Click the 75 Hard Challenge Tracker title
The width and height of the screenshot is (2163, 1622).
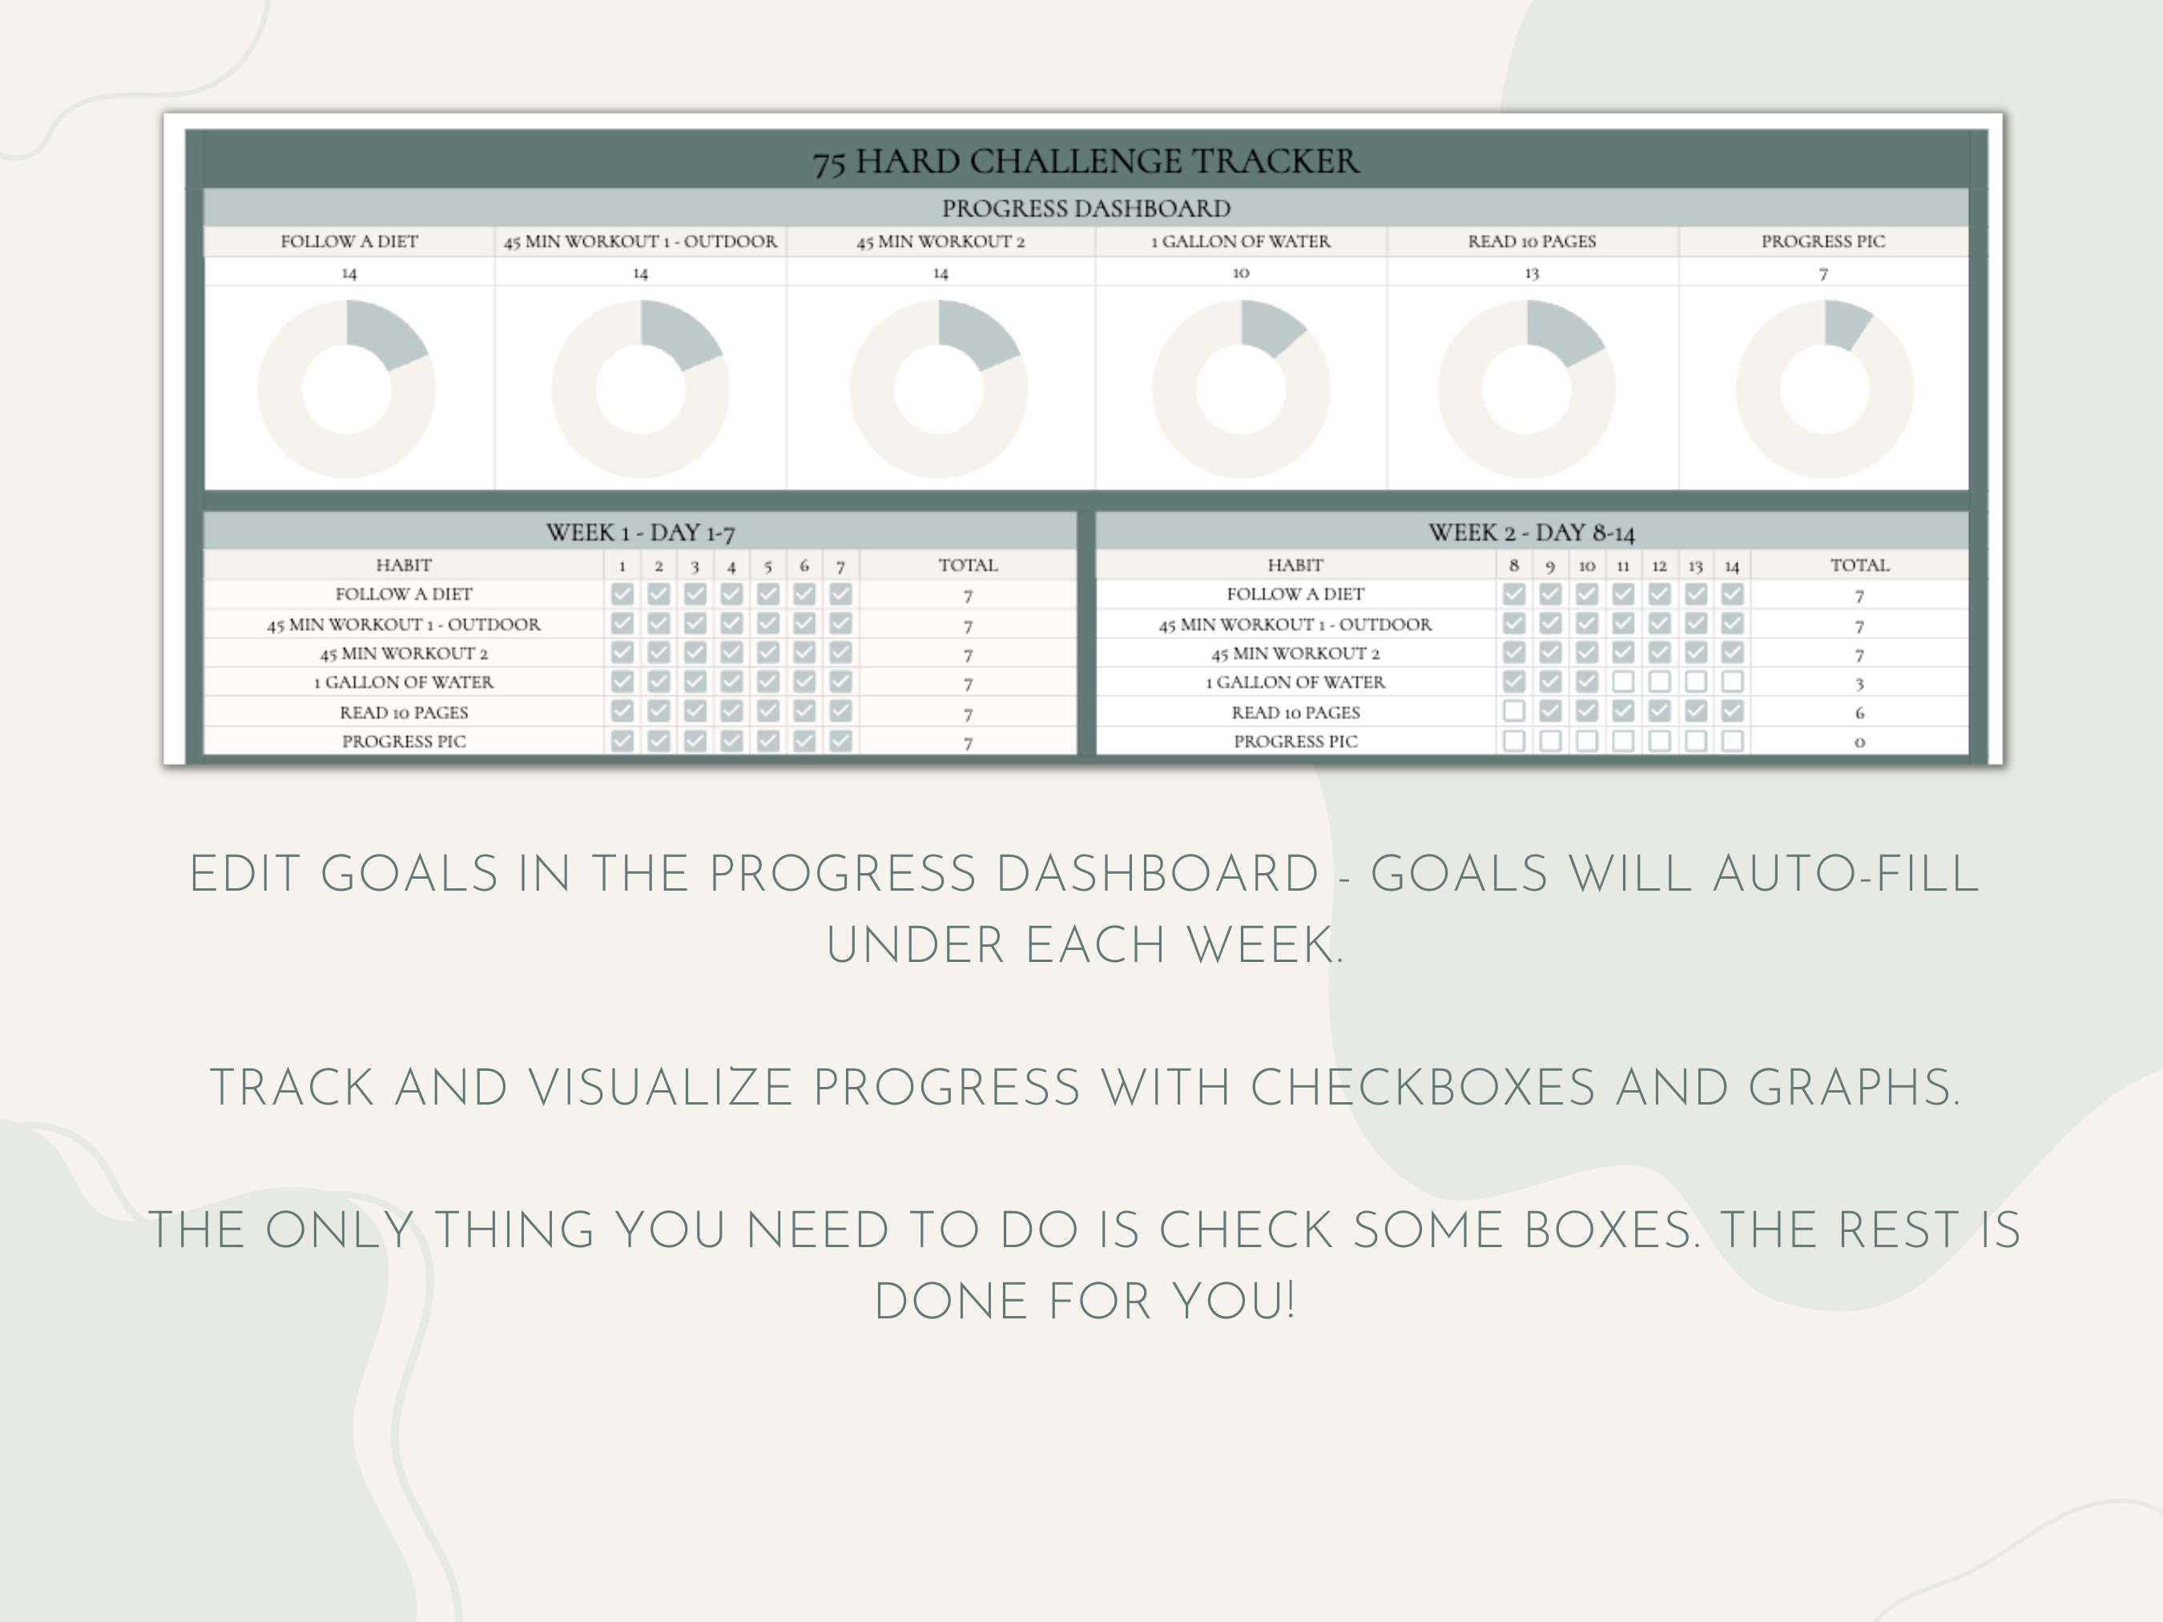tap(1086, 161)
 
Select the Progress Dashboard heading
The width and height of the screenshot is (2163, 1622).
tap(1086, 208)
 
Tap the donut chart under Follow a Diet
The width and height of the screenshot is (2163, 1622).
tap(347, 389)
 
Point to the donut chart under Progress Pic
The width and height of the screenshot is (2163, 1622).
tap(1823, 389)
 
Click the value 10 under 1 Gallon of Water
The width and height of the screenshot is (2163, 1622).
tap(1241, 273)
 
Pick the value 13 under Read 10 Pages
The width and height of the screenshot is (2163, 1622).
tap(1531, 274)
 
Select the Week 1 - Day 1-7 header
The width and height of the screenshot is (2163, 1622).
tap(641, 533)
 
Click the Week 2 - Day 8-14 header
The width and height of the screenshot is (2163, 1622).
tap(1531, 533)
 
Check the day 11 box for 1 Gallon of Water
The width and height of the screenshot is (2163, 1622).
tap(1623, 682)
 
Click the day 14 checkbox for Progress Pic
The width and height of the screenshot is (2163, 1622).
tap(1732, 741)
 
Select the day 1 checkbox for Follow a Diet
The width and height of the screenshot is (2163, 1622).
tap(622, 594)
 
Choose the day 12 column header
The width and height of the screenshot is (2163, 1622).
tap(1659, 566)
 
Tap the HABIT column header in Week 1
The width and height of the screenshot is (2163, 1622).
tap(403, 565)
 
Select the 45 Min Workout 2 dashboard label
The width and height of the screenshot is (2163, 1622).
tap(941, 241)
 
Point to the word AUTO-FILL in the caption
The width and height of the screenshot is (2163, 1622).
tap(1847, 874)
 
